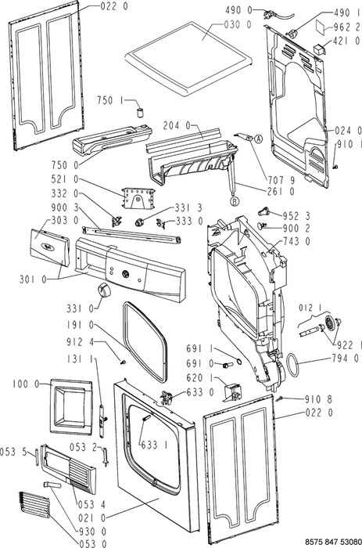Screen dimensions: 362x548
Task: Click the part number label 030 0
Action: click(x=238, y=24)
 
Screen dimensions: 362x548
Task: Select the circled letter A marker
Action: click(x=258, y=139)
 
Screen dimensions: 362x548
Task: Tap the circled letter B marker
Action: click(x=235, y=201)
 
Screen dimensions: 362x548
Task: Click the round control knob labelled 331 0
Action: click(x=103, y=290)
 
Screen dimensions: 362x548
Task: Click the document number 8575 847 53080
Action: click(x=333, y=542)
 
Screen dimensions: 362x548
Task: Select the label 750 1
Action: click(x=110, y=101)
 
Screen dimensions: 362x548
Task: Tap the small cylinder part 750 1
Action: click(x=140, y=114)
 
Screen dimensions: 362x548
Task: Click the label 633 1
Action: click(x=154, y=445)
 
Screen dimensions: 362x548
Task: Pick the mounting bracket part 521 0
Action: click(x=138, y=199)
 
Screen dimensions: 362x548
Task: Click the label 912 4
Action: click(x=81, y=342)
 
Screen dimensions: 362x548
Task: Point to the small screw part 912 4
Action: click(x=123, y=362)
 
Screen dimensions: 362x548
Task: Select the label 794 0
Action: click(x=346, y=358)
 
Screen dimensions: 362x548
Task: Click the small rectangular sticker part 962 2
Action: click(x=321, y=27)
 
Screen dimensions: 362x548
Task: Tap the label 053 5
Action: click(x=13, y=452)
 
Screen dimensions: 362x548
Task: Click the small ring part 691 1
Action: click(x=238, y=361)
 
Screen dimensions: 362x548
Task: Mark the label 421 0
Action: click(x=346, y=41)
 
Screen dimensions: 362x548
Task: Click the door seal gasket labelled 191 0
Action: click(x=145, y=343)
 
